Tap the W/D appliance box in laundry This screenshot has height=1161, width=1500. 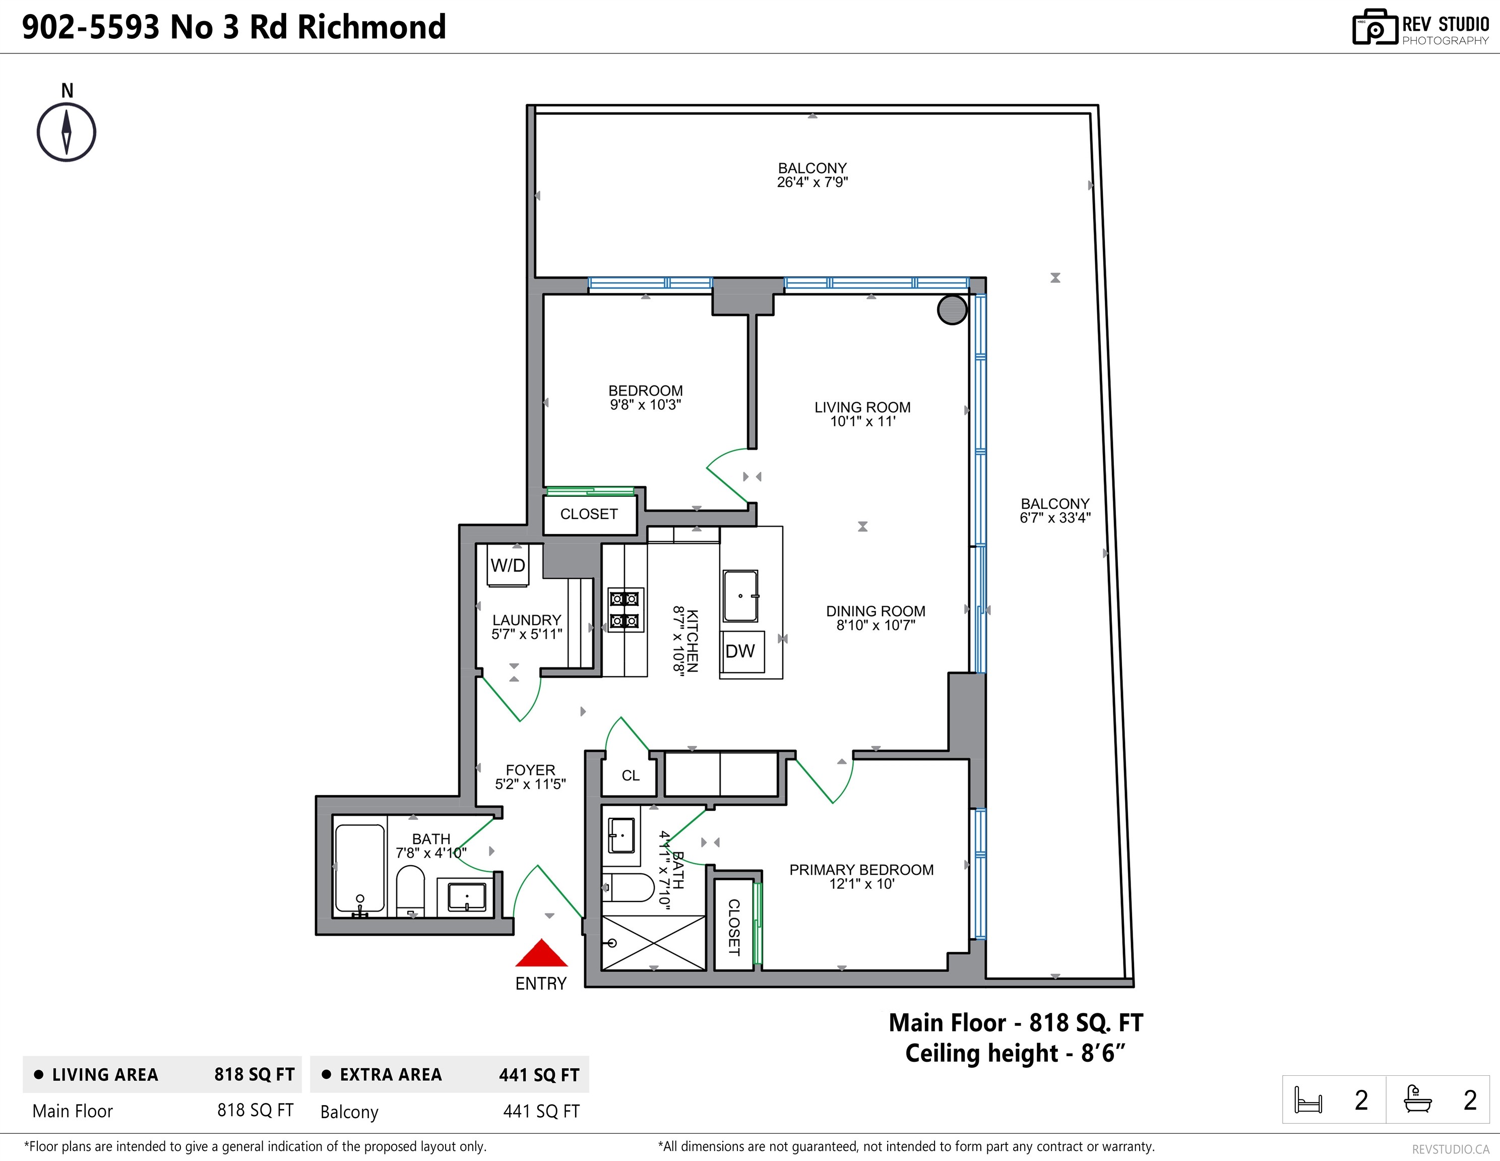tap(508, 565)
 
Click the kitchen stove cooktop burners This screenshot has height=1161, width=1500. tap(625, 609)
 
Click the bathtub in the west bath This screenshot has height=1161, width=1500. tap(359, 869)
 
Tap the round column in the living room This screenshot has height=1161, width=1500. tap(953, 309)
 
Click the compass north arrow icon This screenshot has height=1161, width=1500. tap(67, 133)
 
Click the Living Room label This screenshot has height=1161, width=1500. tap(862, 407)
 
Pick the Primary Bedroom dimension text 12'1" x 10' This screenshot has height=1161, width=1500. tap(862, 884)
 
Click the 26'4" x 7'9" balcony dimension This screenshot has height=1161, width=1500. tap(812, 182)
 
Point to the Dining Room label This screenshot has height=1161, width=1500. tap(876, 611)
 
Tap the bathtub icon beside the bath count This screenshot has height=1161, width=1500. tap(1417, 1099)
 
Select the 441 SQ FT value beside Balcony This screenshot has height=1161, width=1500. tap(541, 1111)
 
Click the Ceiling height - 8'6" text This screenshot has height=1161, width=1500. tap(1015, 1053)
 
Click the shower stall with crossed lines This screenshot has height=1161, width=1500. tap(654, 943)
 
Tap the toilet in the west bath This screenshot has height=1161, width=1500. tap(411, 891)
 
